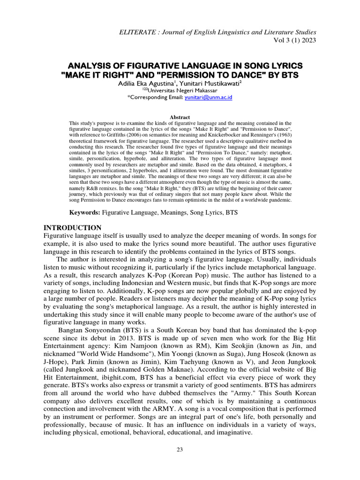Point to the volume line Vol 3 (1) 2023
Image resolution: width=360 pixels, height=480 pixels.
coord(292,40)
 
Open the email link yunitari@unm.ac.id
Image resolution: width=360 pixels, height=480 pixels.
coord(212,97)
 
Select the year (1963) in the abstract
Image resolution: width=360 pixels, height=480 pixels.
coord(281,135)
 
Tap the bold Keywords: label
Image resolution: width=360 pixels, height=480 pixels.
coord(85,212)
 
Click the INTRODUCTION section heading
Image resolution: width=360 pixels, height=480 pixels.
coord(72,228)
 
